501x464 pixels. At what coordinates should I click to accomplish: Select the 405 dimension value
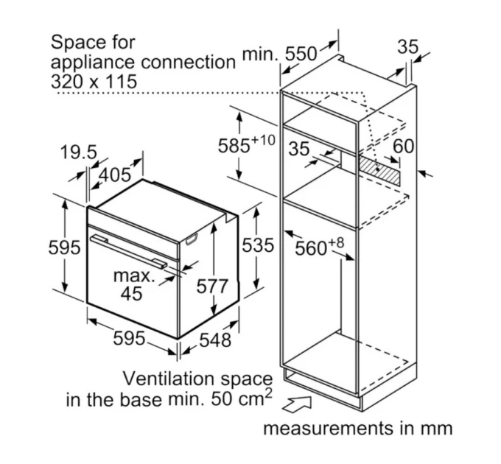(x=115, y=175)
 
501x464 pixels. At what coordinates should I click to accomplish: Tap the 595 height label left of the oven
(x=64, y=247)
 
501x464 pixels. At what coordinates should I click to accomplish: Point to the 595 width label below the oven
(x=129, y=338)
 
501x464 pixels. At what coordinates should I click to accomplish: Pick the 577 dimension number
(x=212, y=286)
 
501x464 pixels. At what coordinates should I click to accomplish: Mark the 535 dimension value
(x=258, y=245)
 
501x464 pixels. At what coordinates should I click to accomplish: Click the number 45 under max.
(x=131, y=293)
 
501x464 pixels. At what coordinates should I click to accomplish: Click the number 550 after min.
(x=301, y=54)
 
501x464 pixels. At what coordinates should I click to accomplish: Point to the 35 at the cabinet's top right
(x=407, y=46)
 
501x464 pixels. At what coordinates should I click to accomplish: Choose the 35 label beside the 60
(x=299, y=149)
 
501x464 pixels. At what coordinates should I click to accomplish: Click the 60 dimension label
(x=403, y=147)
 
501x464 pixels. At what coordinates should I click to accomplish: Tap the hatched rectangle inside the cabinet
(x=379, y=170)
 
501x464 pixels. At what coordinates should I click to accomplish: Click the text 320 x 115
(x=94, y=82)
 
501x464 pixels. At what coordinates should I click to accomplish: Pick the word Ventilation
(x=169, y=379)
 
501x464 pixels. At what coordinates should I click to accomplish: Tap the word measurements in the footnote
(x=328, y=428)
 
